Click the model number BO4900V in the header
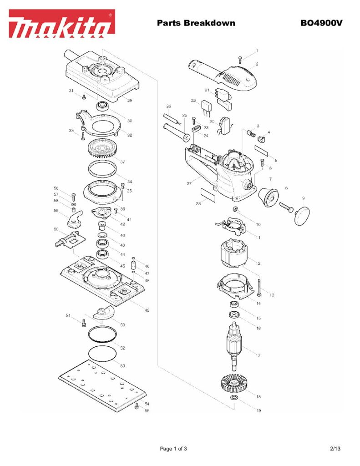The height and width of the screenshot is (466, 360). (x=321, y=23)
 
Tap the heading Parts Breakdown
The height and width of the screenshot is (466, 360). (x=196, y=23)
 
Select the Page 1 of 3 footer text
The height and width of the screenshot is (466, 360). (x=173, y=449)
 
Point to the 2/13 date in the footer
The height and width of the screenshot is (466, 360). (x=335, y=449)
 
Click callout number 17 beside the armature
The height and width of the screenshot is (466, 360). (x=259, y=355)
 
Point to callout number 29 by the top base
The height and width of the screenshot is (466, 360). (x=130, y=100)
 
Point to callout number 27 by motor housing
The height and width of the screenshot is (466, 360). (x=188, y=184)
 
